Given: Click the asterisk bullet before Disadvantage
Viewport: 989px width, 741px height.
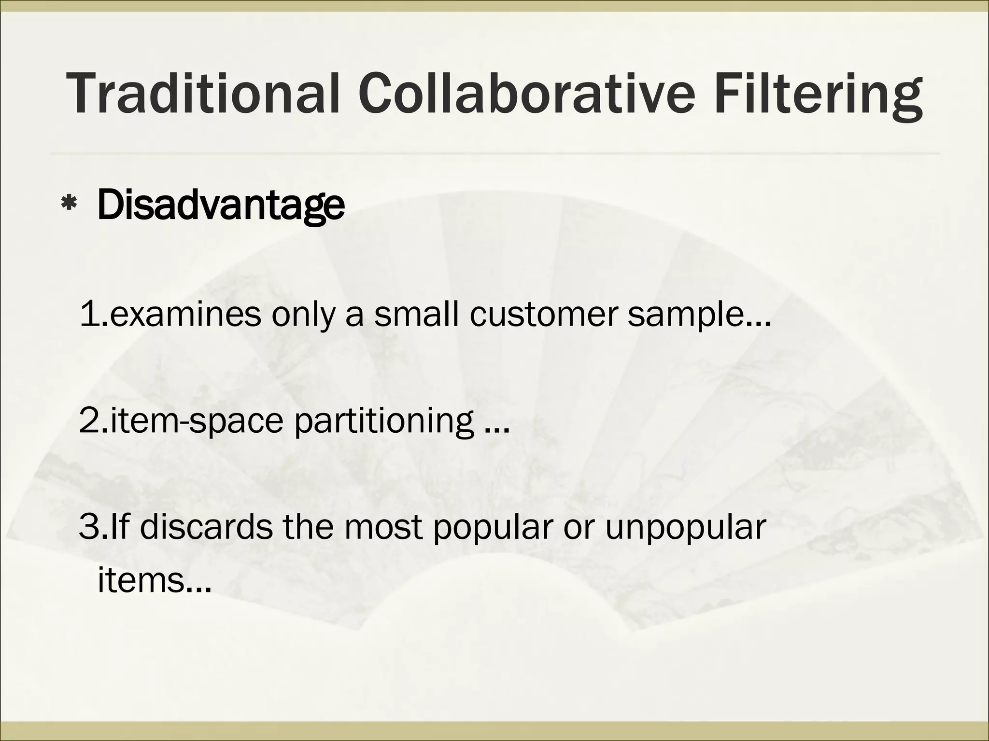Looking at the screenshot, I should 68,206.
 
